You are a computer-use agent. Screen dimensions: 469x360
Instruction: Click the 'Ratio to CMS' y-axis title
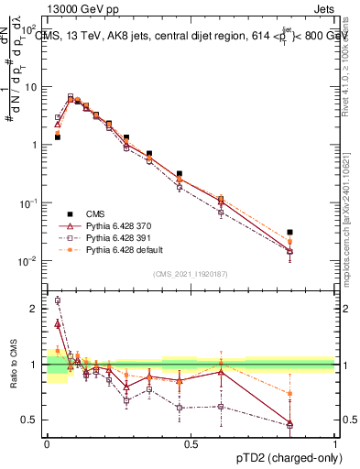[x=13, y=365]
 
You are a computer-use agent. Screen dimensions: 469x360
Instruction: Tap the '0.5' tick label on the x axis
[x=191, y=442]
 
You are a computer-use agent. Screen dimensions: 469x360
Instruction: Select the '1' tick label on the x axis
[x=334, y=442]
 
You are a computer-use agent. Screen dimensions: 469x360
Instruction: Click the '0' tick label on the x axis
[x=47, y=442]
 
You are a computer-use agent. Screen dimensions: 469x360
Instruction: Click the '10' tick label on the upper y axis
[x=30, y=86]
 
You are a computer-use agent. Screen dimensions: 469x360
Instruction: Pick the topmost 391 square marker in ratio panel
[x=58, y=300]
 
